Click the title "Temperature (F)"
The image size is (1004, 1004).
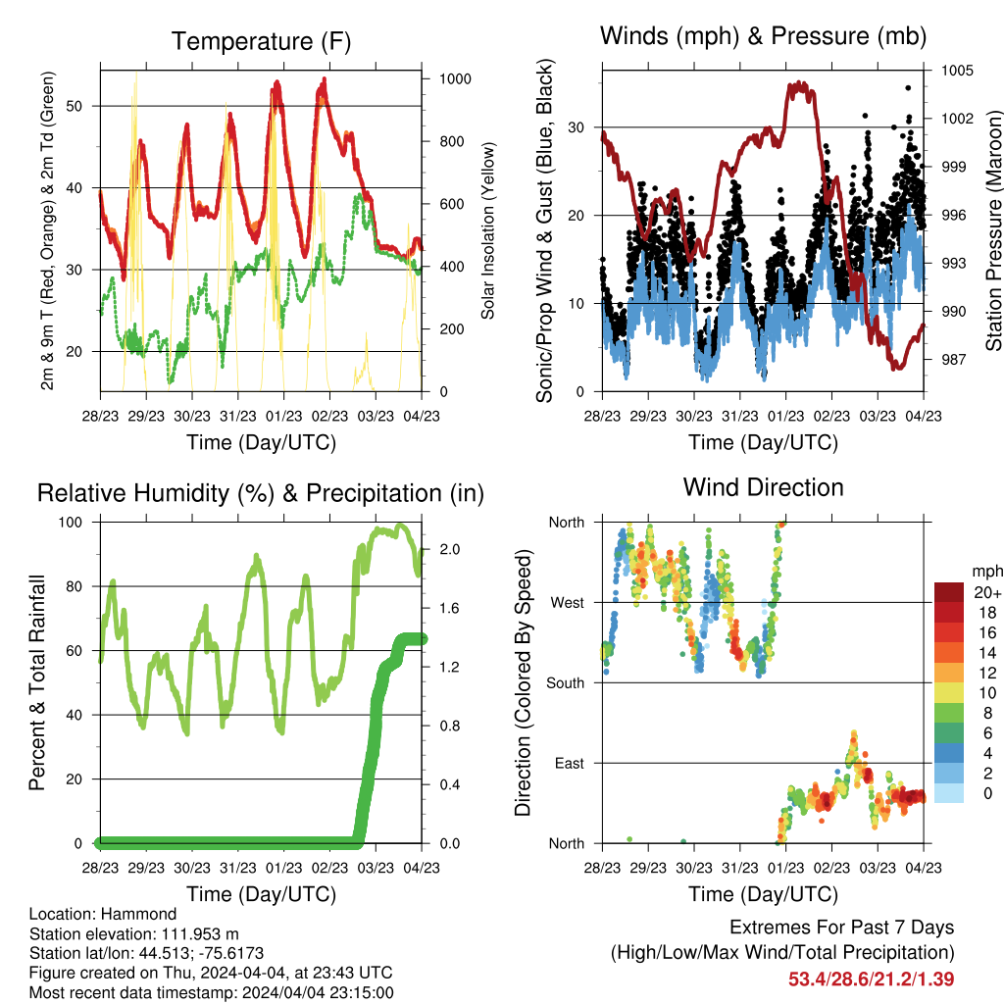pos(261,41)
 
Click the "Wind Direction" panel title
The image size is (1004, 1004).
pos(763,487)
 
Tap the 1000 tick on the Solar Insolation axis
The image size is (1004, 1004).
pos(455,78)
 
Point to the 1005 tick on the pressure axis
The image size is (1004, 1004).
pos(957,71)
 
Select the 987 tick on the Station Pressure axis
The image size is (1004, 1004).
pos(953,359)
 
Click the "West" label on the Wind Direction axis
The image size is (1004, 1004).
pos(568,603)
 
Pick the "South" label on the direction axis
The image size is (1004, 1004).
pos(566,683)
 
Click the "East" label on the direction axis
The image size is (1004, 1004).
pos(570,763)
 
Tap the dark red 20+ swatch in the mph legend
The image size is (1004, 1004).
pos(949,592)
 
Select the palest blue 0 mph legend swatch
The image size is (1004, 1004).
pos(949,793)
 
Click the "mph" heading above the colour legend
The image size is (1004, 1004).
pos(987,572)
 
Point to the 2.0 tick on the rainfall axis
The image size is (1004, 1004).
pos(449,549)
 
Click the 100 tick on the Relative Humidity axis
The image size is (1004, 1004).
pos(71,523)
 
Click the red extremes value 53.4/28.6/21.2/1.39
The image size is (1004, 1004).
pos(871,979)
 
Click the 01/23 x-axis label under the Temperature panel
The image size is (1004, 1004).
pos(283,416)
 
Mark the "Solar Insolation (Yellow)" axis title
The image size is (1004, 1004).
pos(488,230)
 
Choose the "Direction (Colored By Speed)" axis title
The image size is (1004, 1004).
pos(524,682)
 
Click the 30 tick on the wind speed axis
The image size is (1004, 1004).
pos(577,127)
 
